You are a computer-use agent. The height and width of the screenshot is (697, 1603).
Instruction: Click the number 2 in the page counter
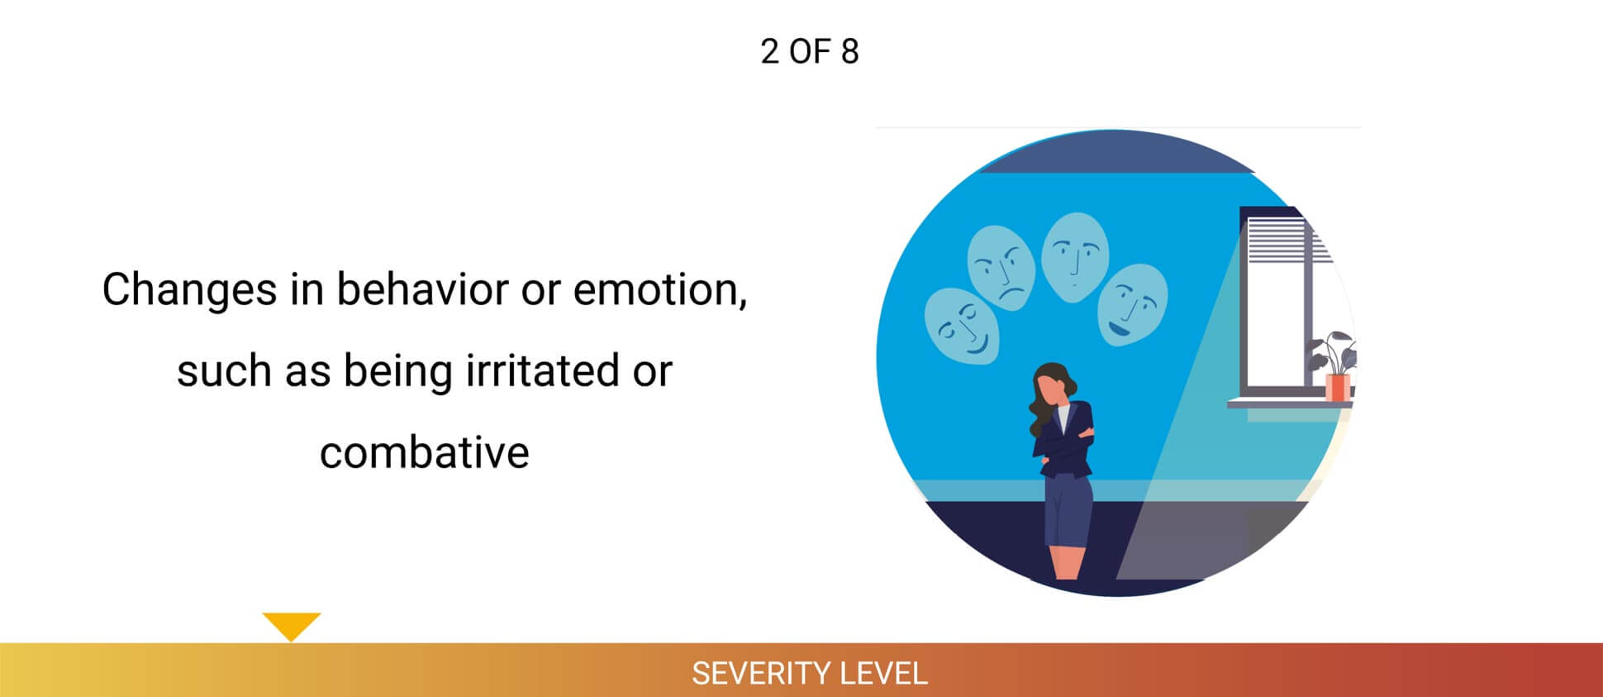click(x=769, y=52)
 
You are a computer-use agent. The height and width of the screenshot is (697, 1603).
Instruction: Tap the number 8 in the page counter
click(x=849, y=52)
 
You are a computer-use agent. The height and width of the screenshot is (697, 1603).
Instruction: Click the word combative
click(x=424, y=453)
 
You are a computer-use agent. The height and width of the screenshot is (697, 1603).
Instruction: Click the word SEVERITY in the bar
click(x=750, y=674)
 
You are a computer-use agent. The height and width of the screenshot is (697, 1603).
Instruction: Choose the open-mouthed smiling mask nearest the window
click(x=1132, y=304)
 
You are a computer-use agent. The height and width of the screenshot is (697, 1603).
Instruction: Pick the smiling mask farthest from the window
click(x=962, y=326)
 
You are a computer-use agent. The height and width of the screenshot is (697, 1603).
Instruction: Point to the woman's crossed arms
click(x=1066, y=442)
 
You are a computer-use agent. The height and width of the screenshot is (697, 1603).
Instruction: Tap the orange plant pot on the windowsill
click(x=1336, y=387)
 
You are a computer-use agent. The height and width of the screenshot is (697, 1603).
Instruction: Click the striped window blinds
click(x=1277, y=240)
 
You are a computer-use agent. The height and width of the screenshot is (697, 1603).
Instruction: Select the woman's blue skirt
click(x=1067, y=511)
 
